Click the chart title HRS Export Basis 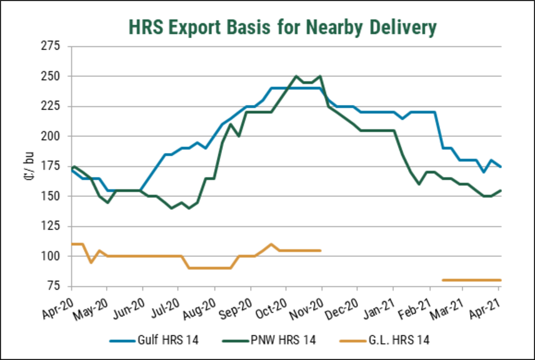coord(282,27)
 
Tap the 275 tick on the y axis coord(51,46)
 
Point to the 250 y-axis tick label coord(51,76)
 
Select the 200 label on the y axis coord(51,136)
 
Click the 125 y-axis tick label coord(51,226)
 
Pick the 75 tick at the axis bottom coord(54,286)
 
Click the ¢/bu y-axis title coord(24,166)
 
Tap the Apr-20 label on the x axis coord(59,303)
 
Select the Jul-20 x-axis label coord(166,303)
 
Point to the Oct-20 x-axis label coord(274,303)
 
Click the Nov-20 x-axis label coord(309,303)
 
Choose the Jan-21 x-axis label coord(381,303)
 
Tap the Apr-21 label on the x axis coord(487,303)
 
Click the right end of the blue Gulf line coord(501,166)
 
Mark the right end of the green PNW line coord(501,191)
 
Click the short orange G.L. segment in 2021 coord(471,280)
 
